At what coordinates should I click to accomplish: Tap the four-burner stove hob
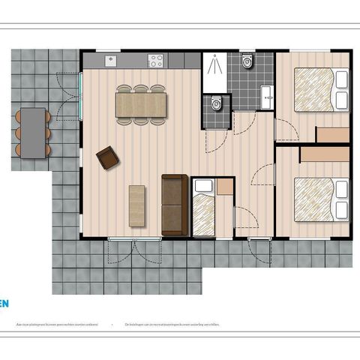(x=156, y=61)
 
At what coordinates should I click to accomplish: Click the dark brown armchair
(x=107, y=157)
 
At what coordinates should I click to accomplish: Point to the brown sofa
(x=175, y=204)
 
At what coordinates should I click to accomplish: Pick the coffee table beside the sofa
(x=137, y=205)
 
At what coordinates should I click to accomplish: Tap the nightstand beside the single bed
(x=224, y=186)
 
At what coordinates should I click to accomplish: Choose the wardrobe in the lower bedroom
(x=325, y=154)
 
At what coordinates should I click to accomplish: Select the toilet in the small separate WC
(x=216, y=103)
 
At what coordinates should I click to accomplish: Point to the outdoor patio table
(x=32, y=132)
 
